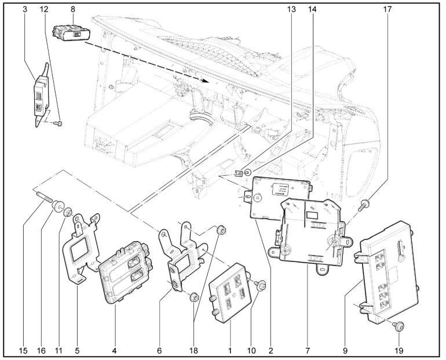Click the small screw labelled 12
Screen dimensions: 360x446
(x=57, y=122)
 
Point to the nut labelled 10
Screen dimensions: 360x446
(x=261, y=284)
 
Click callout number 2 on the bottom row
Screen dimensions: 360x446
(x=270, y=350)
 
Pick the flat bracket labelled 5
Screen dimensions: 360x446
(x=83, y=249)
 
